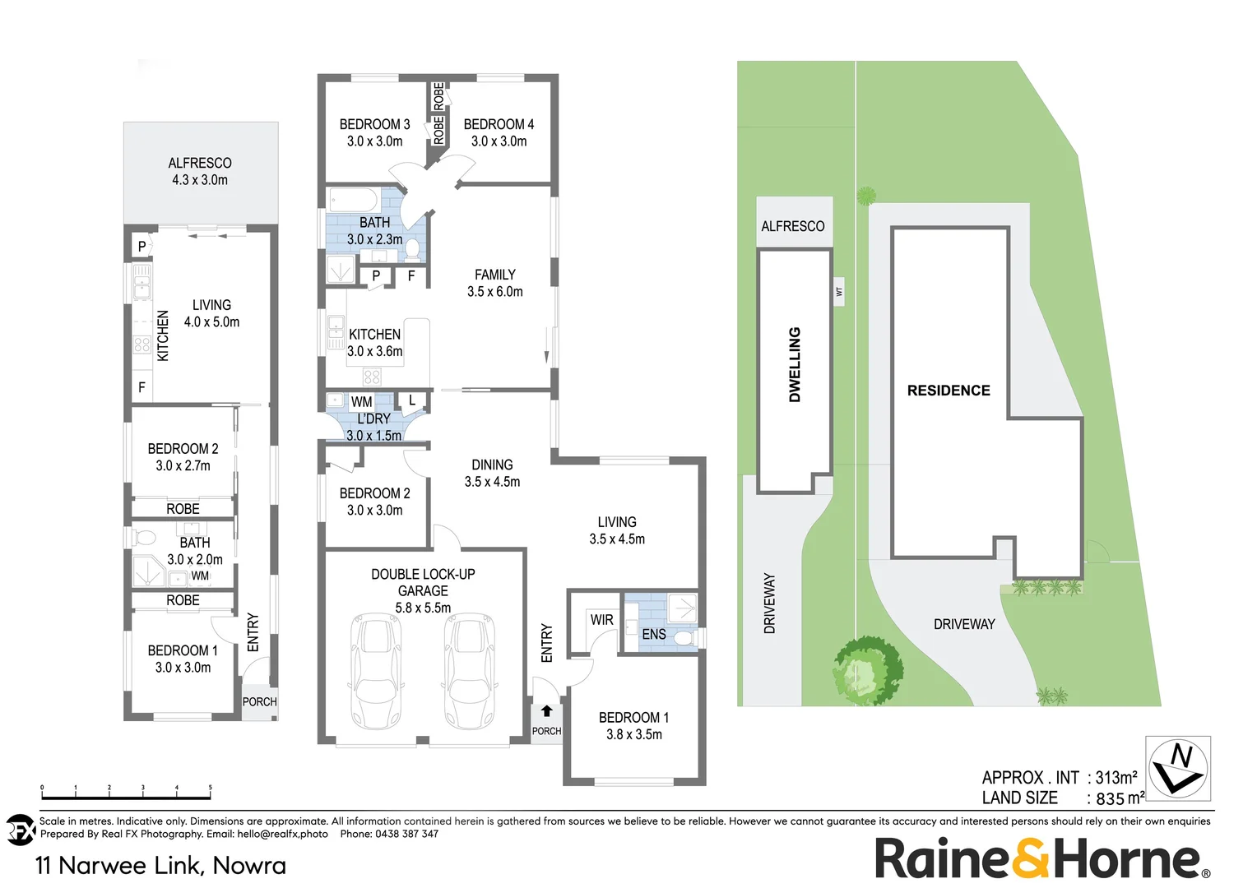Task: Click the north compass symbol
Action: click(x=1179, y=768)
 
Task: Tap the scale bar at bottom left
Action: click(x=126, y=796)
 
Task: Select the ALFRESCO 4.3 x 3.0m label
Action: click(x=200, y=171)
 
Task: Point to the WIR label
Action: click(x=601, y=620)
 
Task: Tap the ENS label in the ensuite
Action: click(x=654, y=634)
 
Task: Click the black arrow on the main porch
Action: click(x=546, y=711)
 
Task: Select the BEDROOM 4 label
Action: click(x=499, y=132)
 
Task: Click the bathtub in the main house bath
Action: click(x=352, y=200)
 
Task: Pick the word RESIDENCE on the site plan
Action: click(x=949, y=391)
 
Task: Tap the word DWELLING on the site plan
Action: click(x=795, y=364)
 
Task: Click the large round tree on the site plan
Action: click(x=868, y=668)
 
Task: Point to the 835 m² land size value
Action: click(x=1120, y=798)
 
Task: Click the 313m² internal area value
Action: click(x=1116, y=778)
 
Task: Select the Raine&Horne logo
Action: click(x=1041, y=859)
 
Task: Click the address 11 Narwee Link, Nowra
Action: click(x=161, y=865)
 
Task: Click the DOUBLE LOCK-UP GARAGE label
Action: click(x=423, y=590)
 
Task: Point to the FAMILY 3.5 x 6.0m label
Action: click(x=494, y=283)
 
